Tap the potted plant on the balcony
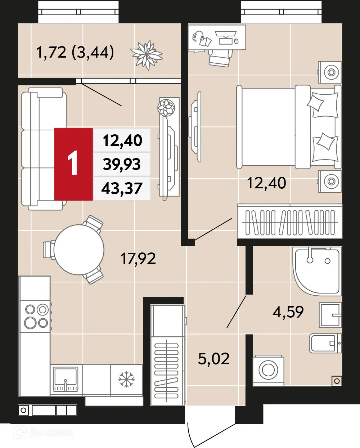147,55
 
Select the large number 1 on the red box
73,163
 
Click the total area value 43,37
122,188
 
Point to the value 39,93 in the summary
122,164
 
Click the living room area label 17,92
138,259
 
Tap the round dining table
78,249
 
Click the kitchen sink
66,379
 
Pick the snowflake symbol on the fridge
126,379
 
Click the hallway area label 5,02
214,359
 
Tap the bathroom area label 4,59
288,312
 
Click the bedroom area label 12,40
266,183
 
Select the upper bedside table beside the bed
330,72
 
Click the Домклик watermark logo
43,432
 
